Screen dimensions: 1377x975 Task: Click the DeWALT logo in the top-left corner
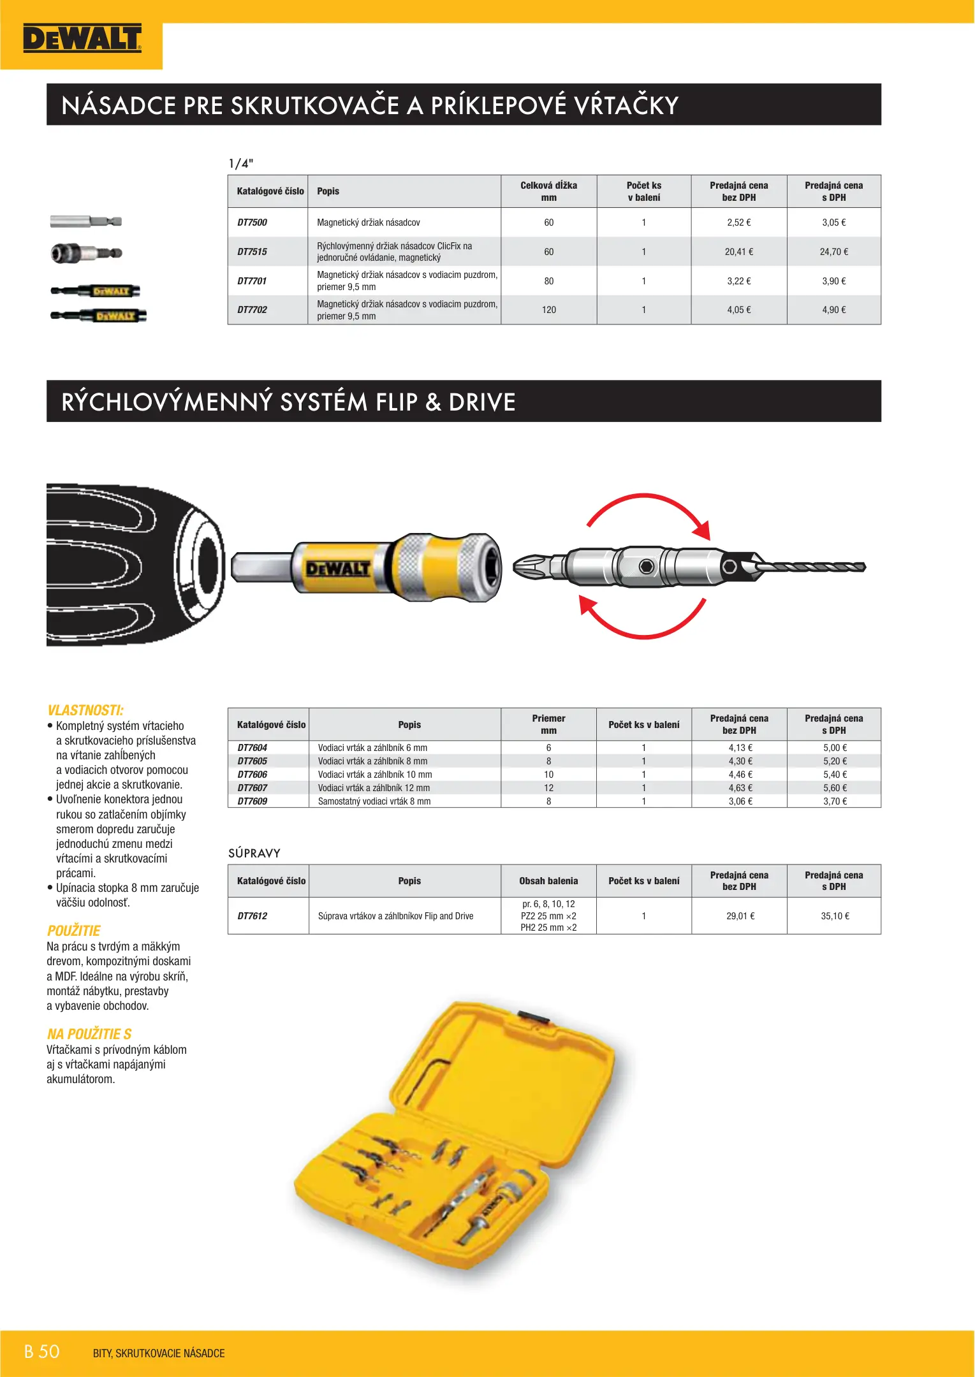82,39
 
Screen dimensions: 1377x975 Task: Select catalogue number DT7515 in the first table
252,252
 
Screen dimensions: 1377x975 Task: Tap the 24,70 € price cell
833,252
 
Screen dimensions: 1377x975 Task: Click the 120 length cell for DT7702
548,310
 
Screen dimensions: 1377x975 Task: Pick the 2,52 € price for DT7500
738,222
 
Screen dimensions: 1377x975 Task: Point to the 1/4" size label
241,163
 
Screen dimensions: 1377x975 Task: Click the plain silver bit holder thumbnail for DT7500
85,222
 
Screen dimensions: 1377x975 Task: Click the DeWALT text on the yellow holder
337,569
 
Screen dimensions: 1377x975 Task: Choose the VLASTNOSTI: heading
85,710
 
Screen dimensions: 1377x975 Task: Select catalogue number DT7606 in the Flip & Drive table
252,775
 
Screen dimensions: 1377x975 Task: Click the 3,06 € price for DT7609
740,801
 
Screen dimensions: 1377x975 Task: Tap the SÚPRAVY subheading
254,853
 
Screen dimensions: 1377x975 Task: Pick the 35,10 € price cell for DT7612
834,916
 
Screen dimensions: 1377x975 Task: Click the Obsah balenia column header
548,881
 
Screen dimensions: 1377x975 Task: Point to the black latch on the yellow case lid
533,1017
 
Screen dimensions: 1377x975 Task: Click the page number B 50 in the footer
42,1351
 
